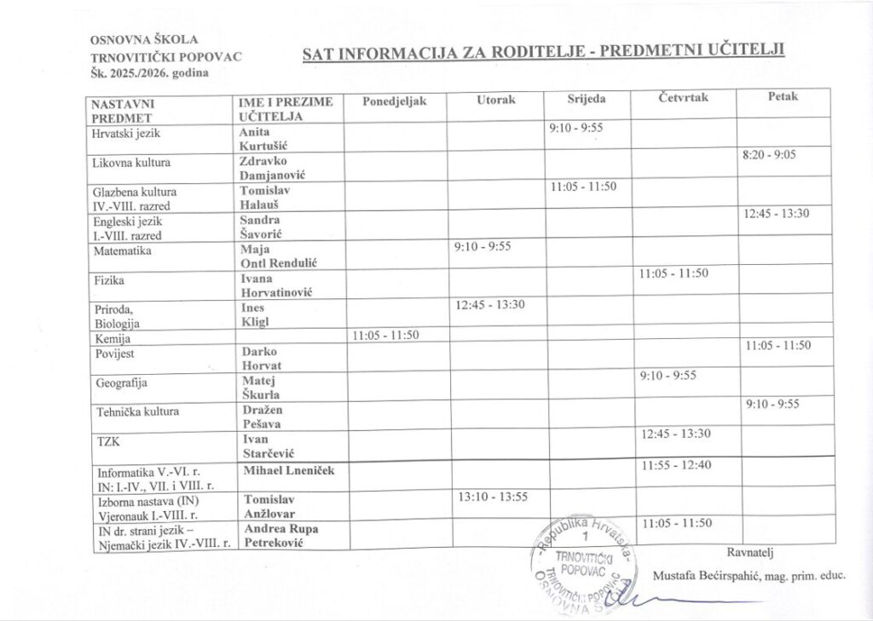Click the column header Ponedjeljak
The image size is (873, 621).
tap(393, 101)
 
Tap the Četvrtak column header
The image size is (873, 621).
tap(684, 98)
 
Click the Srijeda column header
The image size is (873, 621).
tap(587, 99)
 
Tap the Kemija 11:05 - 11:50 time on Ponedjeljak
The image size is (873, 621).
tap(385, 335)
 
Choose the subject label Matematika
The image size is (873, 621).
tap(122, 252)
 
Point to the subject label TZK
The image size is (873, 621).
tap(108, 441)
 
